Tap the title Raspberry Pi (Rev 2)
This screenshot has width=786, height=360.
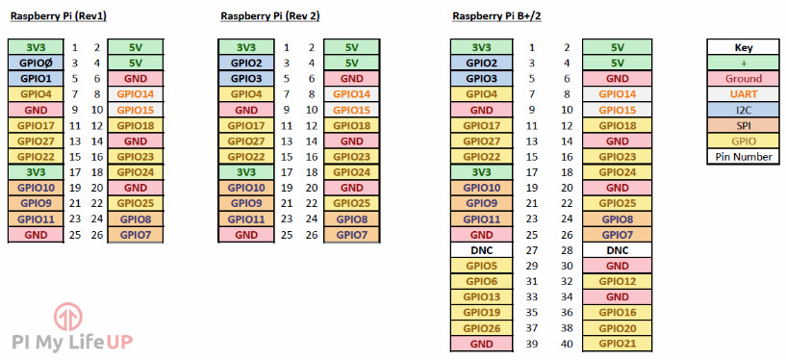pyautogui.click(x=269, y=16)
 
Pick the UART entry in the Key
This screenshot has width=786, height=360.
pyautogui.click(x=744, y=94)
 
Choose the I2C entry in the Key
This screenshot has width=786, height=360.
pyautogui.click(x=744, y=110)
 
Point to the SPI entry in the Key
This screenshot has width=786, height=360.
pyautogui.click(x=744, y=125)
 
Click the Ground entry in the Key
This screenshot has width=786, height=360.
pyautogui.click(x=744, y=79)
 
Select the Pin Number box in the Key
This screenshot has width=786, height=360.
pyautogui.click(x=744, y=157)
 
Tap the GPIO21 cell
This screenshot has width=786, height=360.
pyautogui.click(x=617, y=344)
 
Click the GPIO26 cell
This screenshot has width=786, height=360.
pyautogui.click(x=481, y=328)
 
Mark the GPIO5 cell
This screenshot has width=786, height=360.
pyautogui.click(x=481, y=266)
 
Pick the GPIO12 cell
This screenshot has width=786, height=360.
pyautogui.click(x=617, y=281)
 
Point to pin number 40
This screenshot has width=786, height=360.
pyautogui.click(x=567, y=344)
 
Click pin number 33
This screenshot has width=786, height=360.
pyautogui.click(x=531, y=296)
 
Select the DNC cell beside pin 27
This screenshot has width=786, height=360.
pyautogui.click(x=481, y=250)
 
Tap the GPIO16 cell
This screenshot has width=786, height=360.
pyautogui.click(x=617, y=313)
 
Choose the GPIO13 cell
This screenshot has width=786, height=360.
pyautogui.click(x=481, y=296)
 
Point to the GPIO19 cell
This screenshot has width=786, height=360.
pyautogui.click(x=481, y=313)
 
